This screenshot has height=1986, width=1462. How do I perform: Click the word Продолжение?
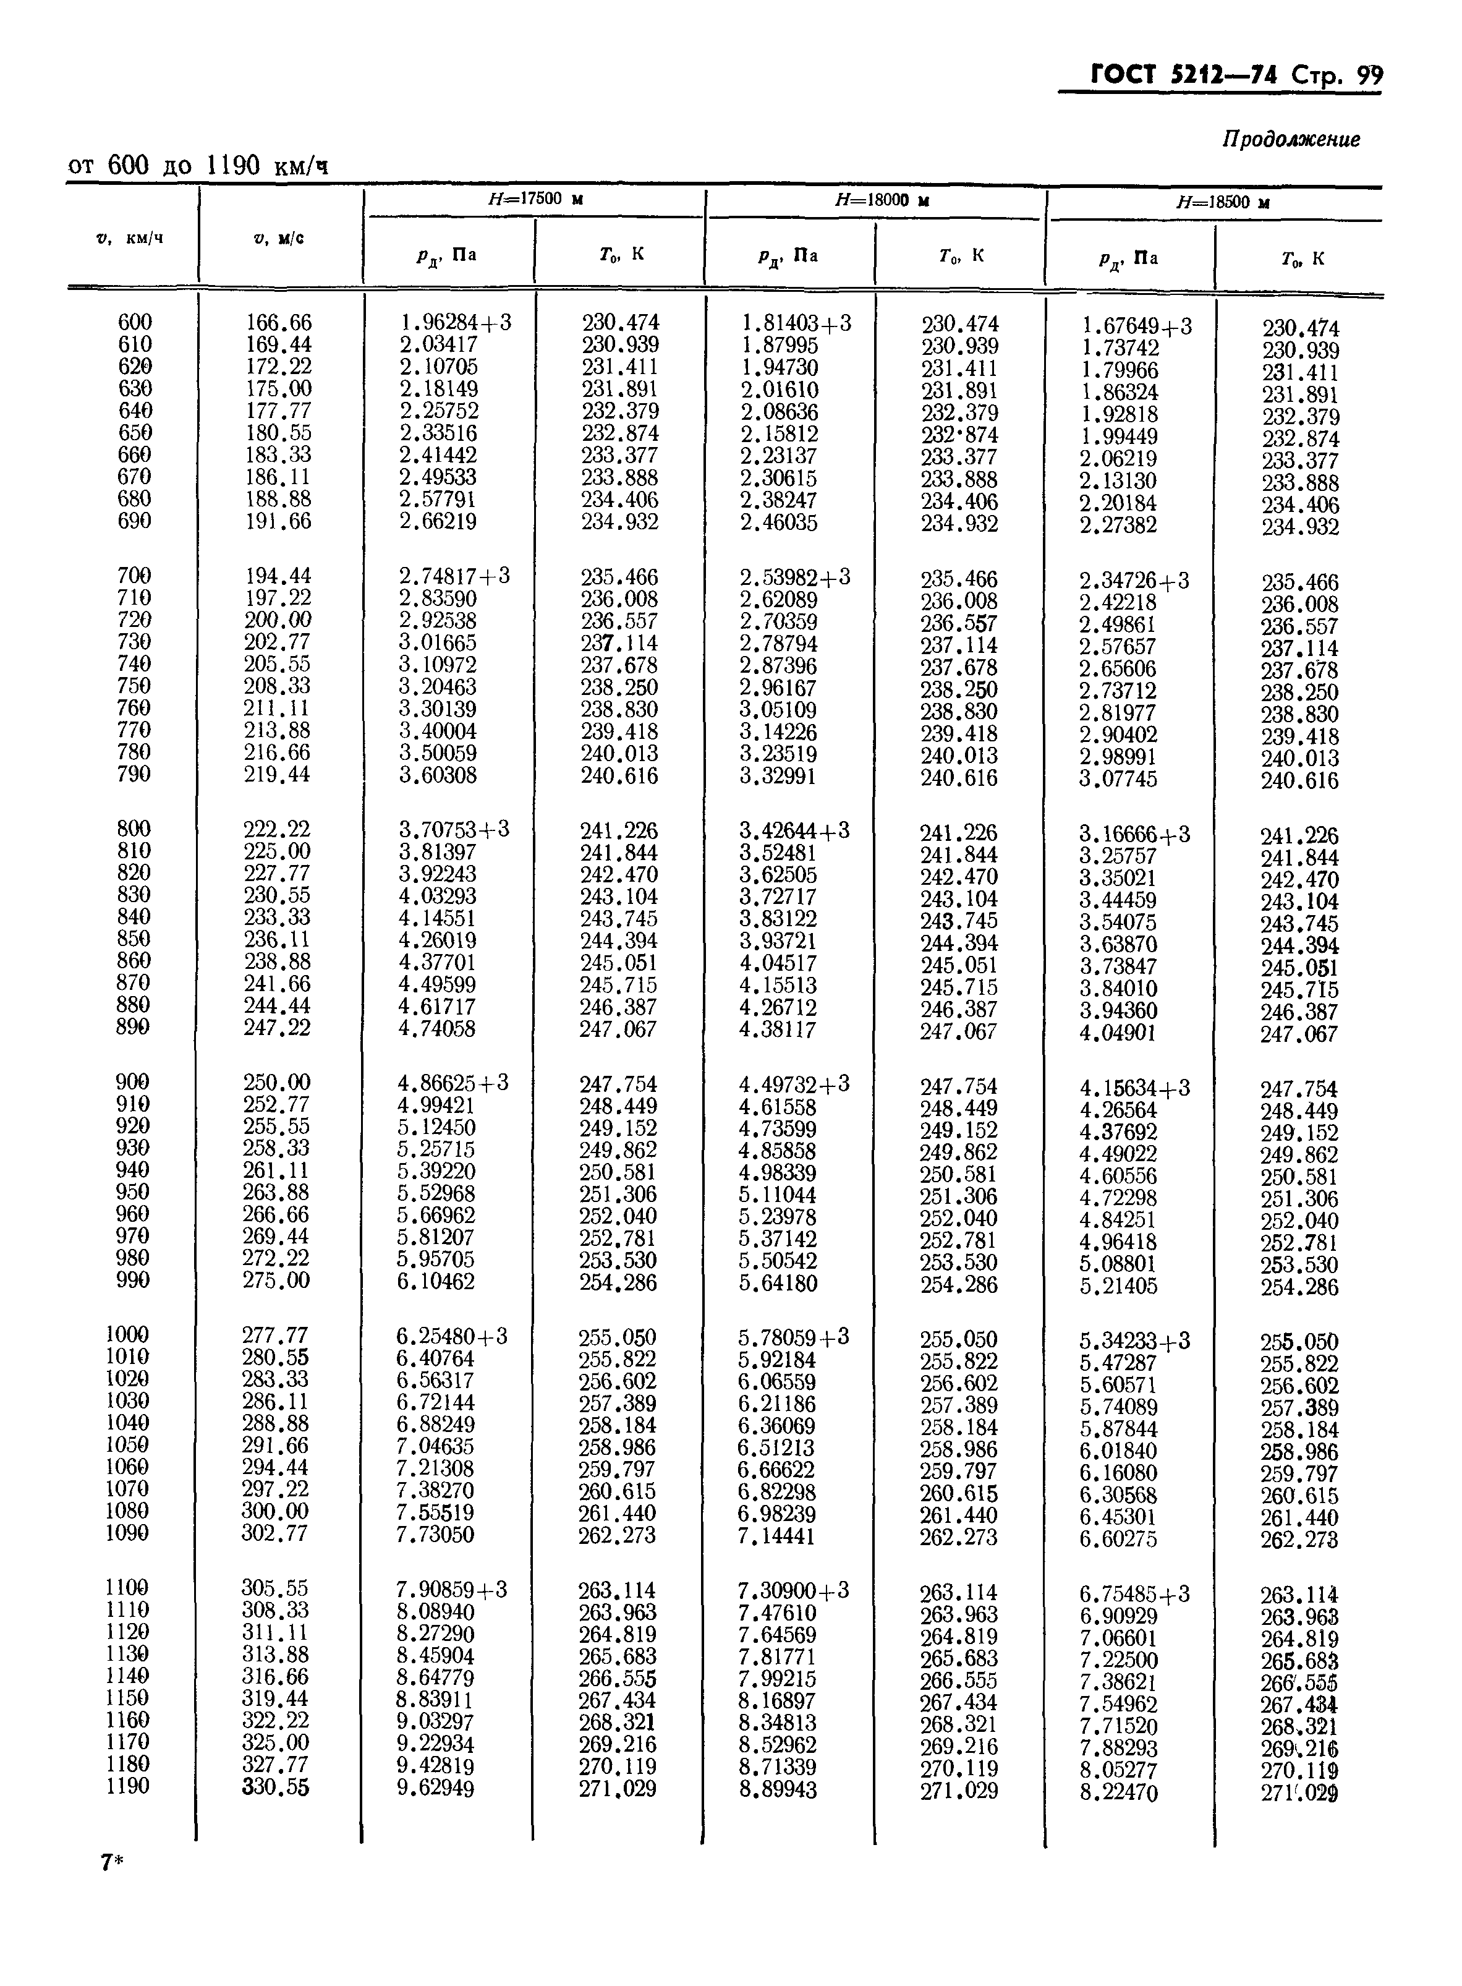click(x=1291, y=139)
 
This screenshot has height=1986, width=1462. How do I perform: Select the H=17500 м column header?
click(x=535, y=199)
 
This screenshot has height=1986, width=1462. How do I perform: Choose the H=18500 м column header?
click(x=1223, y=203)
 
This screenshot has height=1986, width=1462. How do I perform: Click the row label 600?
click(x=135, y=322)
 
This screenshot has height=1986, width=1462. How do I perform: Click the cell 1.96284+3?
click(x=455, y=323)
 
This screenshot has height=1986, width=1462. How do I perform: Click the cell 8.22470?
click(x=1119, y=1792)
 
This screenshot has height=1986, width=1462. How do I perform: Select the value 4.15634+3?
click(x=1134, y=1088)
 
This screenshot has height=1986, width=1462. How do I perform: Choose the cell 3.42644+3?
click(x=794, y=831)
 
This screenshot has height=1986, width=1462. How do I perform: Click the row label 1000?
click(x=127, y=1335)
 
